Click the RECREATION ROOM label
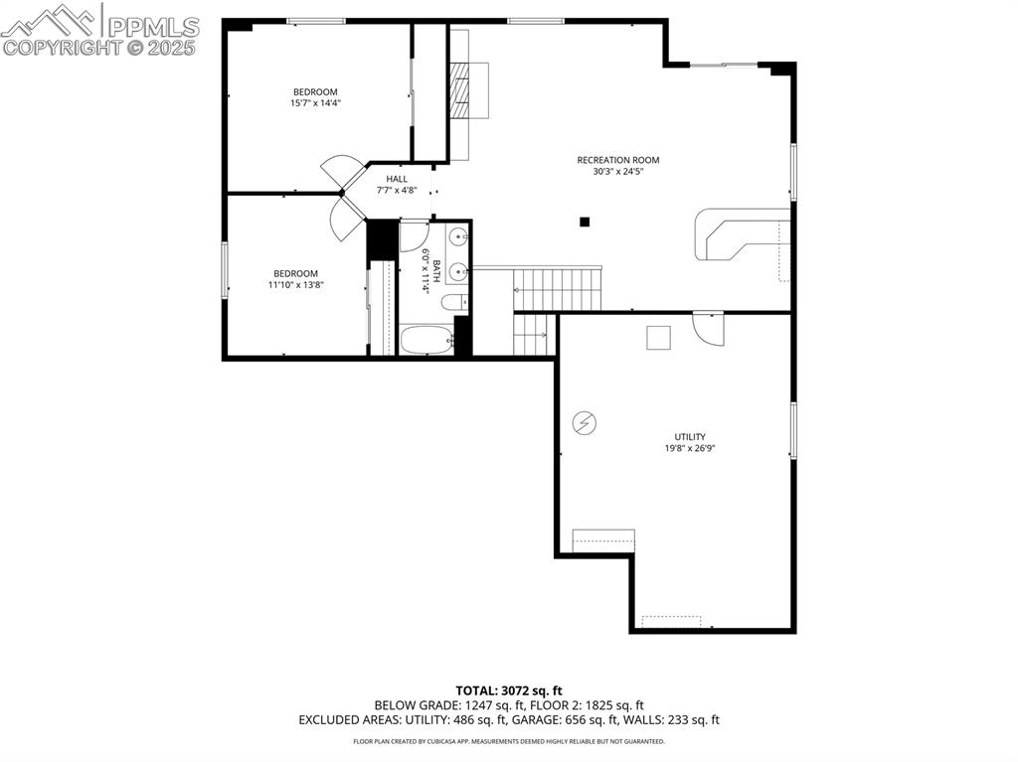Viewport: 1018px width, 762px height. pos(617,160)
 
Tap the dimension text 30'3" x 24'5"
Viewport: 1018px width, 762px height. pos(617,171)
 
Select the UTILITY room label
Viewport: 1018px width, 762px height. pos(690,437)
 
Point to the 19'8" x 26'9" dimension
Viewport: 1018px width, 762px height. pos(690,448)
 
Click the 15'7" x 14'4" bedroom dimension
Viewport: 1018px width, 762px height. pos(314,103)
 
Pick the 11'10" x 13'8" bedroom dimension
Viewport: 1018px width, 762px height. pos(296,285)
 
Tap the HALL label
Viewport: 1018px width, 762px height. pos(397,179)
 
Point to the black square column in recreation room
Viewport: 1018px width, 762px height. pos(586,222)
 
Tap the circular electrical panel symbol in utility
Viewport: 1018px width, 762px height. pos(584,424)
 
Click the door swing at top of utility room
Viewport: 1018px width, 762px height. pos(707,329)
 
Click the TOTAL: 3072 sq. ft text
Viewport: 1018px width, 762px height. pos(509,689)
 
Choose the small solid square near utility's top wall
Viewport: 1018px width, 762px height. pos(658,338)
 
